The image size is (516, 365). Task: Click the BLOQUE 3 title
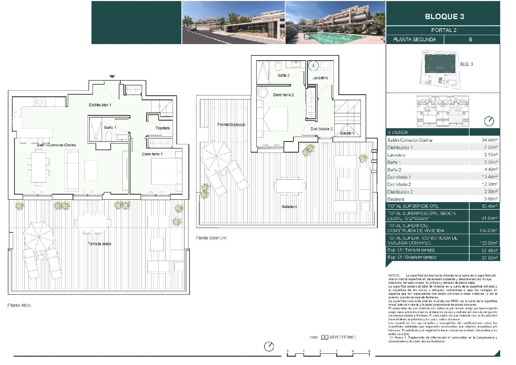coord(444,17)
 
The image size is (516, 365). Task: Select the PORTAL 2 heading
coord(444,30)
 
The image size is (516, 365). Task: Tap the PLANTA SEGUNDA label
coord(415,40)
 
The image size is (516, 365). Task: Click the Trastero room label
coord(162,128)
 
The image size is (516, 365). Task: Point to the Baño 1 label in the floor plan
coord(110,127)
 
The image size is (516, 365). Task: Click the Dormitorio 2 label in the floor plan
coord(283,95)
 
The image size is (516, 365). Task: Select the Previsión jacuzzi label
coord(231,124)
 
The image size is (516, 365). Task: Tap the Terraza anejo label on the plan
coord(99,244)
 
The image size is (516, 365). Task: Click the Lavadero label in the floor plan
coord(320,78)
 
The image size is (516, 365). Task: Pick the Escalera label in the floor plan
coord(347,133)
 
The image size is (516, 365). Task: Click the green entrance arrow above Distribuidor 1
coord(112,76)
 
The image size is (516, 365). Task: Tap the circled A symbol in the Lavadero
coord(313,65)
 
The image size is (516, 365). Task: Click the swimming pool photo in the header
coord(335,23)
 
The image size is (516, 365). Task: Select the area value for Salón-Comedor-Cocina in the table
coord(490,140)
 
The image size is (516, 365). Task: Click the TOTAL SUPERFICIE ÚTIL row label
coord(413,206)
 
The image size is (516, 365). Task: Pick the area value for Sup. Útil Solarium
coord(490,257)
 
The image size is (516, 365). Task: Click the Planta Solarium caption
coord(211,238)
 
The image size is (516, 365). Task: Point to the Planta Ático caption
coord(19,305)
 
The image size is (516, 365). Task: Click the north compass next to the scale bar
coord(269,346)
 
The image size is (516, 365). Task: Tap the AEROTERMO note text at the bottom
coord(342,337)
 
